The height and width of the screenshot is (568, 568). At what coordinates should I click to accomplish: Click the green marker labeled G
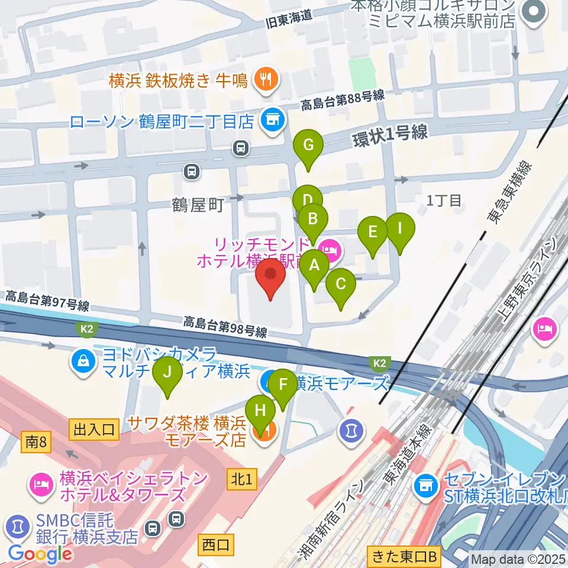point(308,146)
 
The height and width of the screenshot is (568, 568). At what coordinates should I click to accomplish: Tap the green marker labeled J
point(167,373)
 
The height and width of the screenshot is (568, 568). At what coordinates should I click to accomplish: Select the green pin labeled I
point(400,228)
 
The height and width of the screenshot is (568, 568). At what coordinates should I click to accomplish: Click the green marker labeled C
point(341,285)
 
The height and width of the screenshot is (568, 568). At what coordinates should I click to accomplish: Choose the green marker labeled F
point(283,385)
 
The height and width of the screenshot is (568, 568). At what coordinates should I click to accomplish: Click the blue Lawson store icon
point(272,121)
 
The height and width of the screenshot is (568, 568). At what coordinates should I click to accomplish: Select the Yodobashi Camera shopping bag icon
point(83,363)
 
